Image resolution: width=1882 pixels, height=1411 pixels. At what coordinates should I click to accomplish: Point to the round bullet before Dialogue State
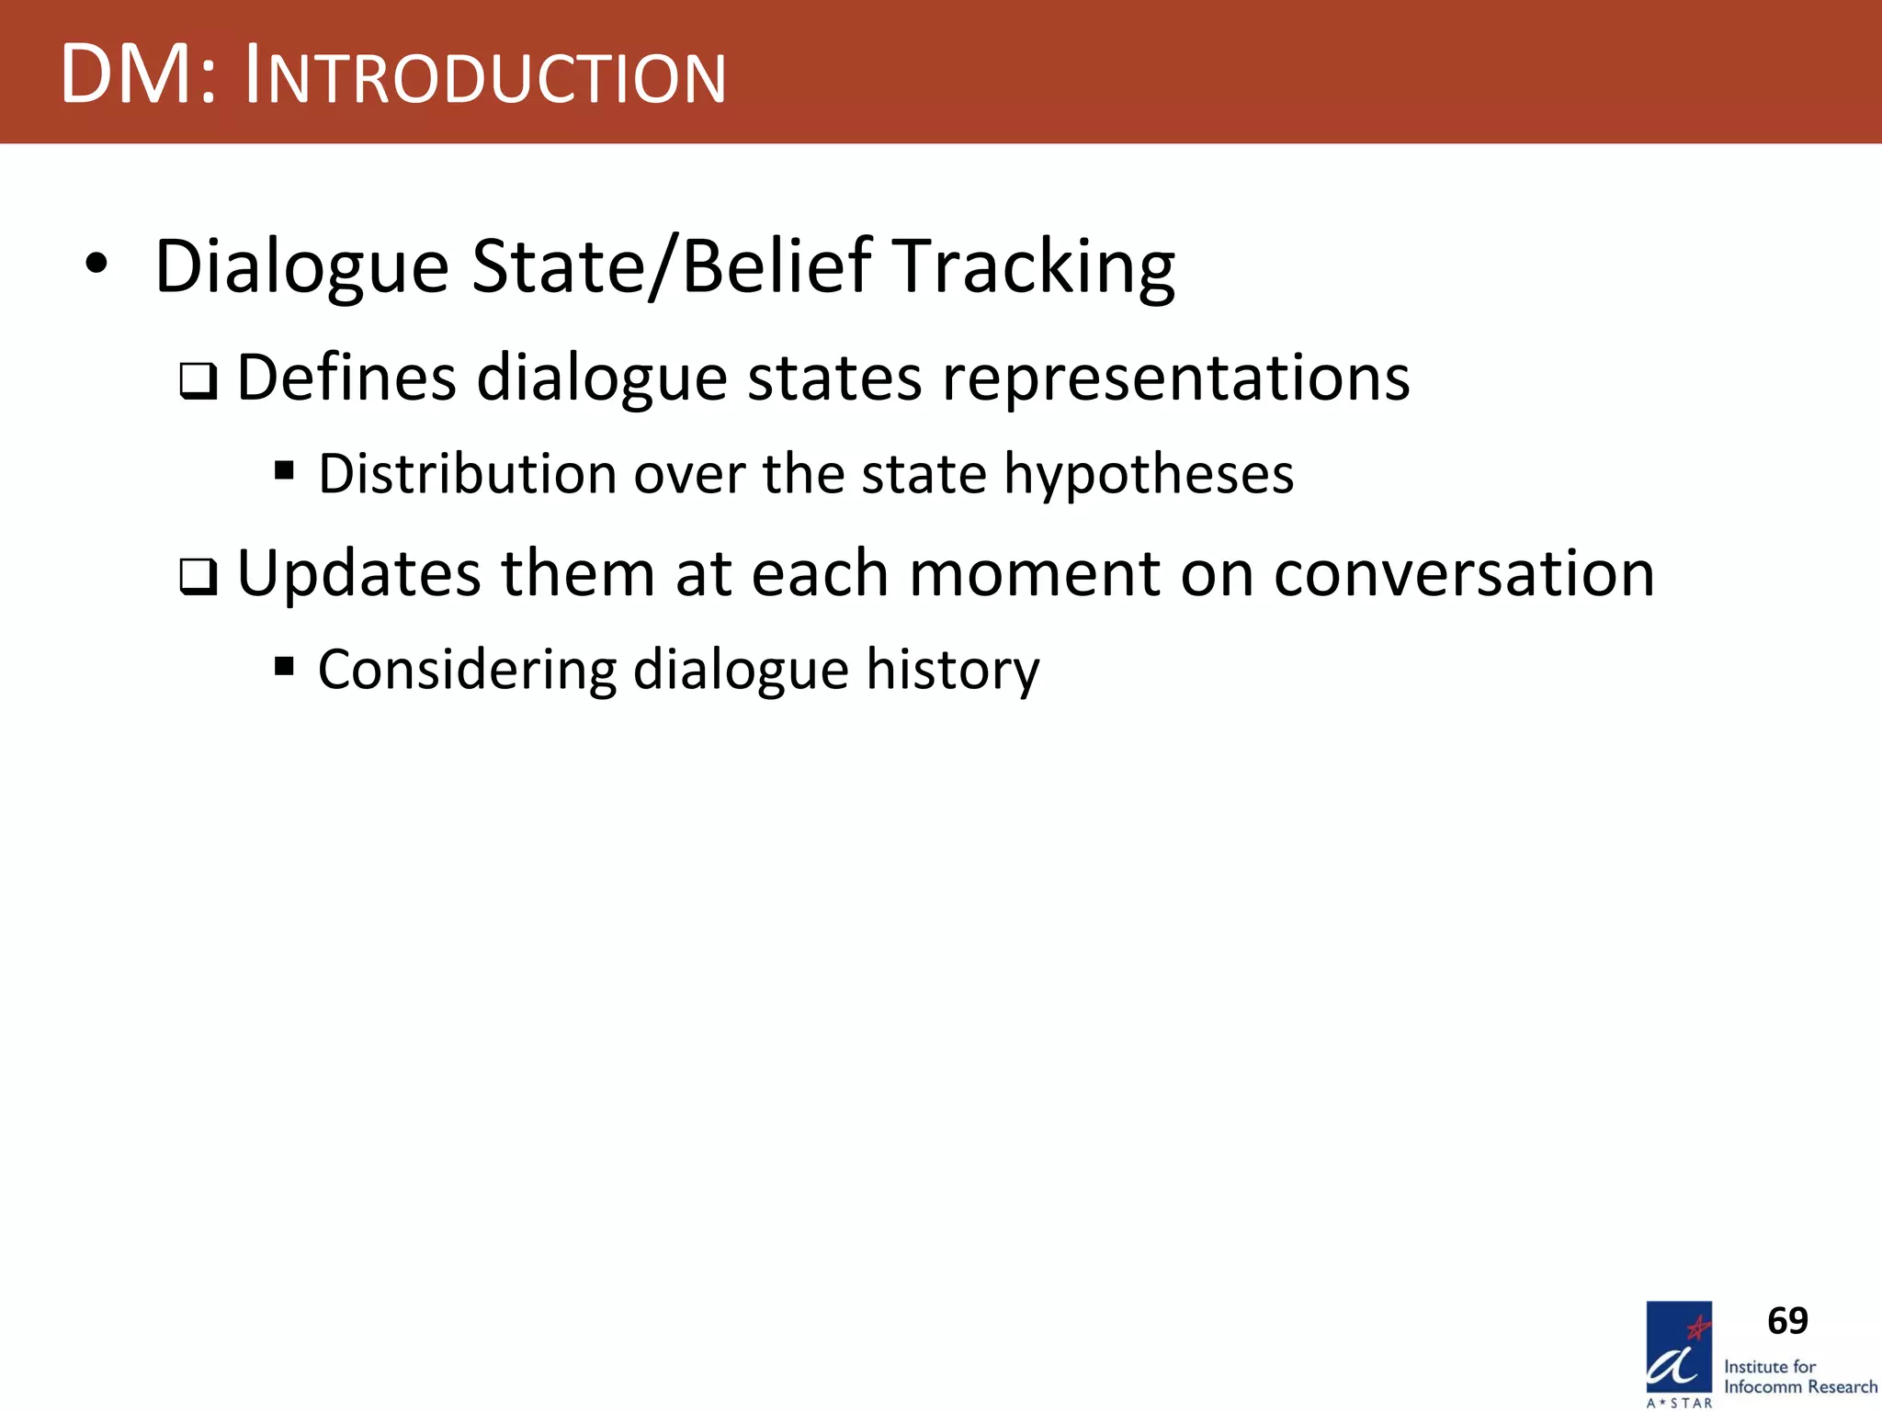[96, 265]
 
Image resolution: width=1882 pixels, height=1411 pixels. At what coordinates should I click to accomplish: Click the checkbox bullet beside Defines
[198, 381]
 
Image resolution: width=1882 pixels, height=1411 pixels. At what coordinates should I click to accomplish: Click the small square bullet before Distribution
[284, 471]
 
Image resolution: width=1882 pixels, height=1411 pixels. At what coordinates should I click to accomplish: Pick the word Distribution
[468, 474]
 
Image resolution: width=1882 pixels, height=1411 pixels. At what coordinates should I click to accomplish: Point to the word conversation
[1463, 573]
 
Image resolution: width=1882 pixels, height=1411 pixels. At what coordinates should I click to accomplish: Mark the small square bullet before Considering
[284, 665]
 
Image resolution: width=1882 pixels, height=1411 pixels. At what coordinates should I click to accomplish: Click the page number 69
[1787, 1321]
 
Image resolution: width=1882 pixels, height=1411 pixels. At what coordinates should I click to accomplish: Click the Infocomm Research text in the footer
[1799, 1387]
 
